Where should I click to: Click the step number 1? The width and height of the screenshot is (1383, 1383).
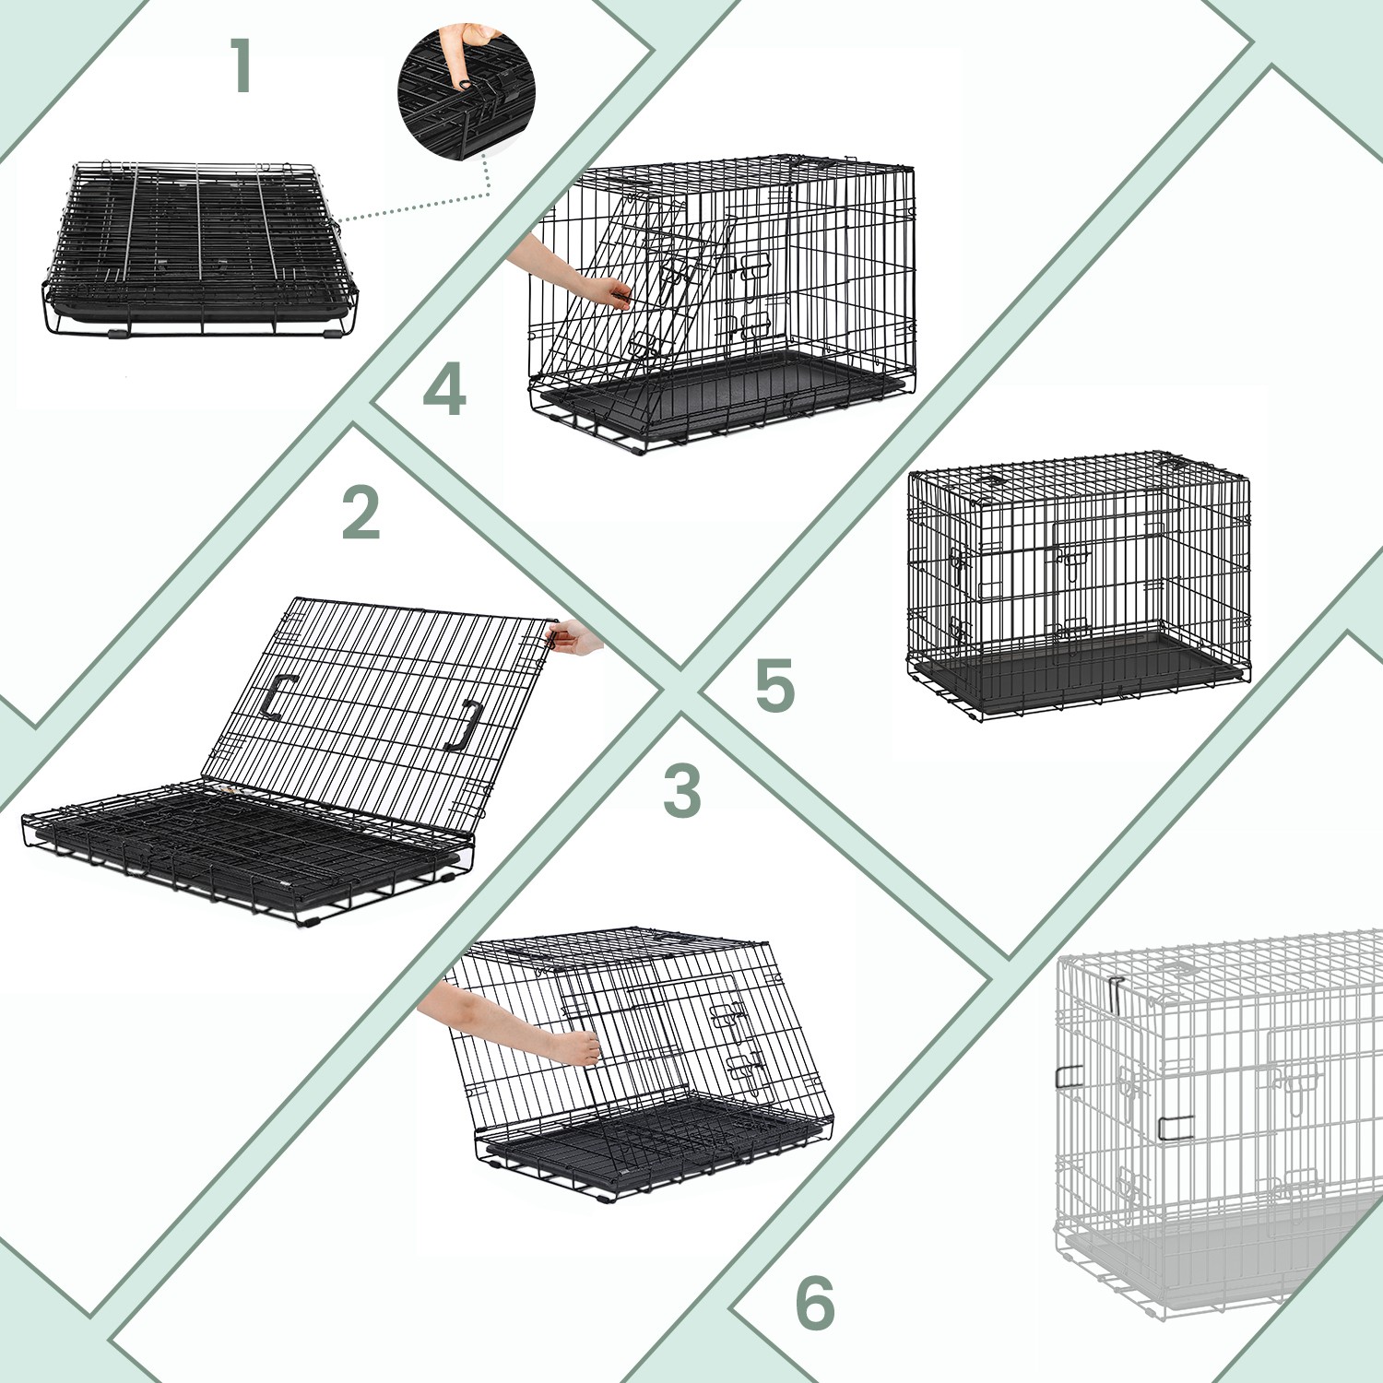coord(242,65)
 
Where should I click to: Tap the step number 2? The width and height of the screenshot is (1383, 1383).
coord(361,514)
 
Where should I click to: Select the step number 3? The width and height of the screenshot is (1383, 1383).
coord(682,790)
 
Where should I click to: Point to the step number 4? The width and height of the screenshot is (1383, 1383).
coord(444,389)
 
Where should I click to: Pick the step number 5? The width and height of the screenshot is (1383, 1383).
coord(774,686)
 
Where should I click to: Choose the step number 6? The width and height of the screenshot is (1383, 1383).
coord(815,1303)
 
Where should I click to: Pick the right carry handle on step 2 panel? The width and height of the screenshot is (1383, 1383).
coord(467,726)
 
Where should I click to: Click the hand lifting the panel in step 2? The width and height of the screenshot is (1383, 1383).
coord(575,637)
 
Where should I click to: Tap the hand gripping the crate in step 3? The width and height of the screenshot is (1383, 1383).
coord(576,1047)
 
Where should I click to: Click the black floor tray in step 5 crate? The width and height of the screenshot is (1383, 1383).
coord(1074,671)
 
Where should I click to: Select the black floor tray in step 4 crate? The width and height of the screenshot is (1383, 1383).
coord(719,387)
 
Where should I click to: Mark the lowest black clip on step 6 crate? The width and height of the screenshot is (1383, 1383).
coord(1176,1127)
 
